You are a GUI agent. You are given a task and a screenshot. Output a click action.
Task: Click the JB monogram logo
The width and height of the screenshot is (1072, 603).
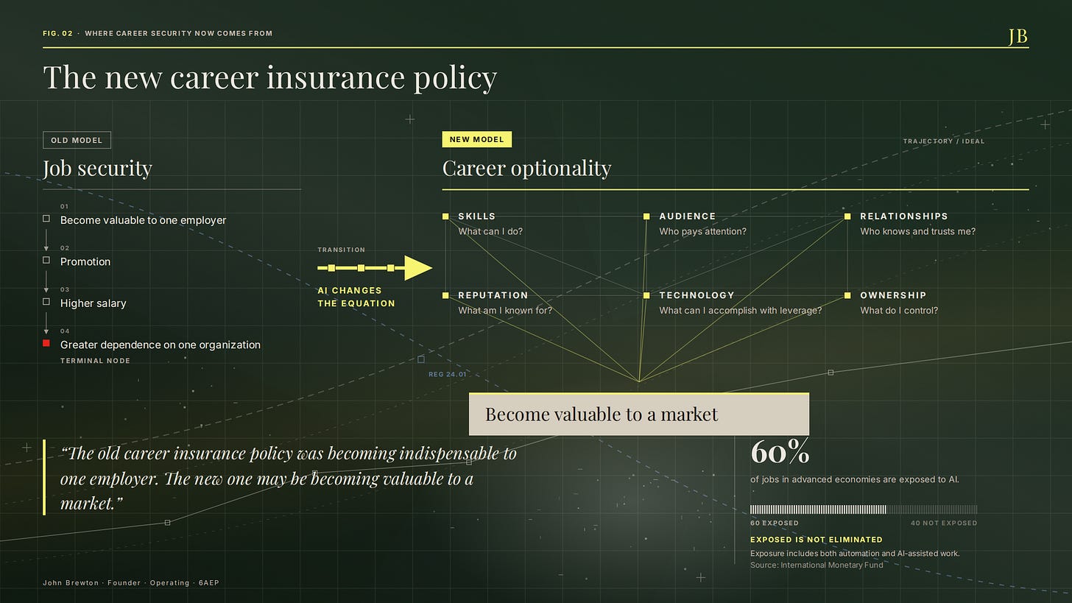point(1018,36)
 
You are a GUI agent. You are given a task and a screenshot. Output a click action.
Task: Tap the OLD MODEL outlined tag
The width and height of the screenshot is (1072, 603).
point(77,140)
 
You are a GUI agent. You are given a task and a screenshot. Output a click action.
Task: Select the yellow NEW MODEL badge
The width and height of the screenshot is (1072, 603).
point(476,139)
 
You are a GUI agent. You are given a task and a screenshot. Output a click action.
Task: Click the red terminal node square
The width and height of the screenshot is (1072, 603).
point(46,343)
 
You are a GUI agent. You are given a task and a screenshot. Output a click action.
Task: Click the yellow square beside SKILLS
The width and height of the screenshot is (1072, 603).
point(445,216)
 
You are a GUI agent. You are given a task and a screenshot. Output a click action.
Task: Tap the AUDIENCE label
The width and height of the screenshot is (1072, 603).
point(687,216)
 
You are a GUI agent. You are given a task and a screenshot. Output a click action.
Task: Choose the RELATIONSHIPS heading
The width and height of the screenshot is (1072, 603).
point(904,216)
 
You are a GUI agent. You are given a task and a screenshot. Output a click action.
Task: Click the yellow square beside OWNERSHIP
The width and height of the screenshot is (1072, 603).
point(847,295)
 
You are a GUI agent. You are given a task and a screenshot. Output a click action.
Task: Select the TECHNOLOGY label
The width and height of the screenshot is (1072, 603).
point(697,295)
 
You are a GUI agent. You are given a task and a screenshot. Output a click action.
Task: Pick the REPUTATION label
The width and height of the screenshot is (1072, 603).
point(493,295)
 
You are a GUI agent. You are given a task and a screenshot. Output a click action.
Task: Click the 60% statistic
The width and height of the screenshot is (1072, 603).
point(780,451)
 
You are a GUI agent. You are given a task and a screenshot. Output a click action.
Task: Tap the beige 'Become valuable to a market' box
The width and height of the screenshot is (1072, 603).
point(639,414)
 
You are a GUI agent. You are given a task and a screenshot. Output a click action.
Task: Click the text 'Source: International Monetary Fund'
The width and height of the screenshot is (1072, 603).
point(817,565)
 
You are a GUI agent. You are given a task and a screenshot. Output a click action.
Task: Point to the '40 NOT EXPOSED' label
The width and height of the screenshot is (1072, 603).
point(944,523)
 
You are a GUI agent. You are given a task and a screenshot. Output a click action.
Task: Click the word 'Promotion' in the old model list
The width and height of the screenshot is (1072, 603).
point(85,262)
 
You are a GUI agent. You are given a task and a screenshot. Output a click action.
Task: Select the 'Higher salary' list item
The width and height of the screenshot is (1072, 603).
point(94,303)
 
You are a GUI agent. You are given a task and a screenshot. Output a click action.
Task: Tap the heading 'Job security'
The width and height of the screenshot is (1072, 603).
point(98,169)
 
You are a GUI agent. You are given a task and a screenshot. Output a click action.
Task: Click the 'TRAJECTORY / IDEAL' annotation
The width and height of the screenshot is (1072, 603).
point(944,141)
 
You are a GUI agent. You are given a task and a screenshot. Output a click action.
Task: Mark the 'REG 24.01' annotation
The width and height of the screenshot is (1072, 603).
point(447,374)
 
